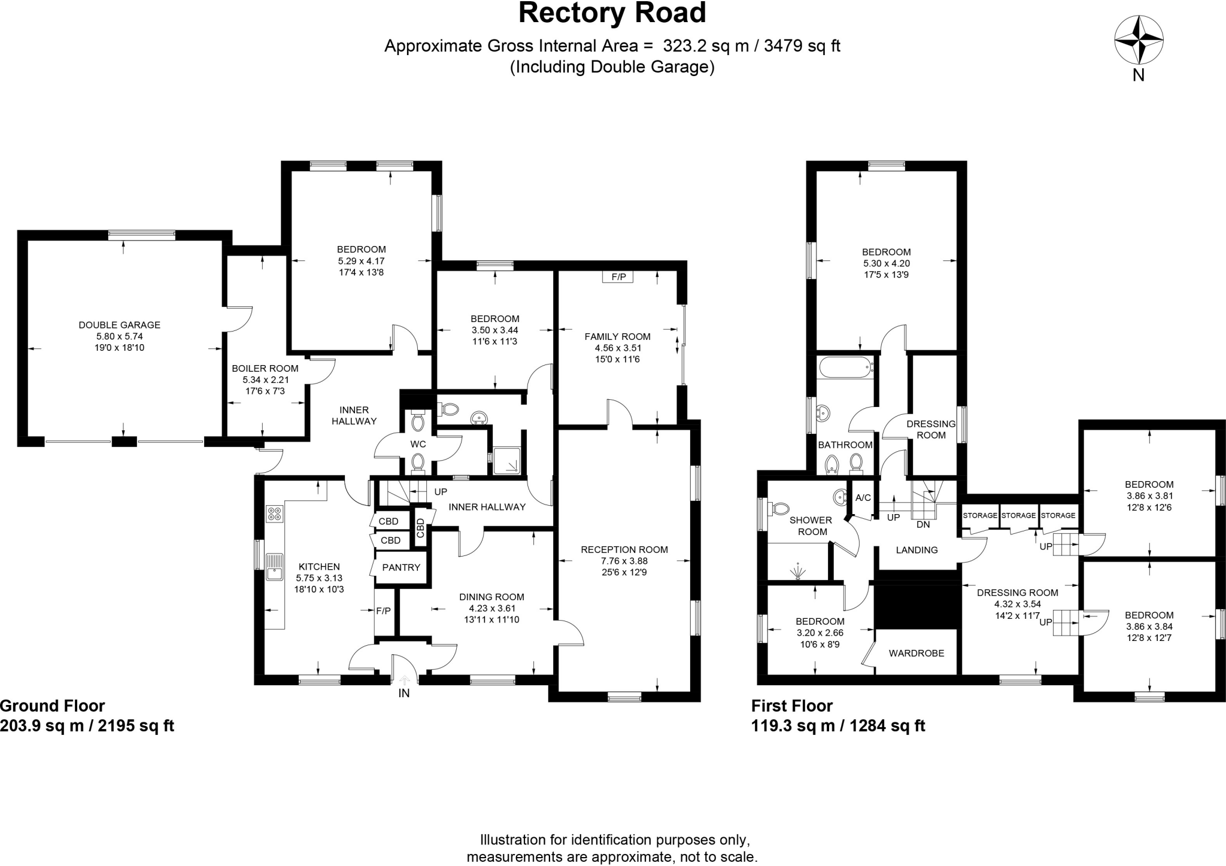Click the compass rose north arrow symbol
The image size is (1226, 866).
click(x=1139, y=41)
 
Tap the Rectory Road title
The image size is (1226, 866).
click(x=612, y=13)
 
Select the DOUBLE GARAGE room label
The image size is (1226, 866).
click(x=120, y=325)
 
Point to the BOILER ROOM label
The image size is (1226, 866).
click(x=265, y=369)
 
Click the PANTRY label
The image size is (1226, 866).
click(x=401, y=567)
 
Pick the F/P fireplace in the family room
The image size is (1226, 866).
click(x=618, y=277)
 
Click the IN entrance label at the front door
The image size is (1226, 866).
click(x=405, y=693)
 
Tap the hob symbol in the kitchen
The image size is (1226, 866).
click(x=275, y=513)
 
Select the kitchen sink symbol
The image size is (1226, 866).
click(x=275, y=566)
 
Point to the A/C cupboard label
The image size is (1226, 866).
click(x=863, y=498)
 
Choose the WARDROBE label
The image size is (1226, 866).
click(x=917, y=653)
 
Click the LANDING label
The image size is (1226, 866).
click(x=917, y=550)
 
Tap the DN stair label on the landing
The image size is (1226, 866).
click(x=923, y=524)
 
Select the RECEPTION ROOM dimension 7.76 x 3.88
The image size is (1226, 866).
click(x=624, y=561)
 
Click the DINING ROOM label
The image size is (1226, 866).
click(x=491, y=597)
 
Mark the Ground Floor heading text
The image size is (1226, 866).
click(x=53, y=706)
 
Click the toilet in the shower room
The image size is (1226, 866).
click(x=780, y=509)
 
